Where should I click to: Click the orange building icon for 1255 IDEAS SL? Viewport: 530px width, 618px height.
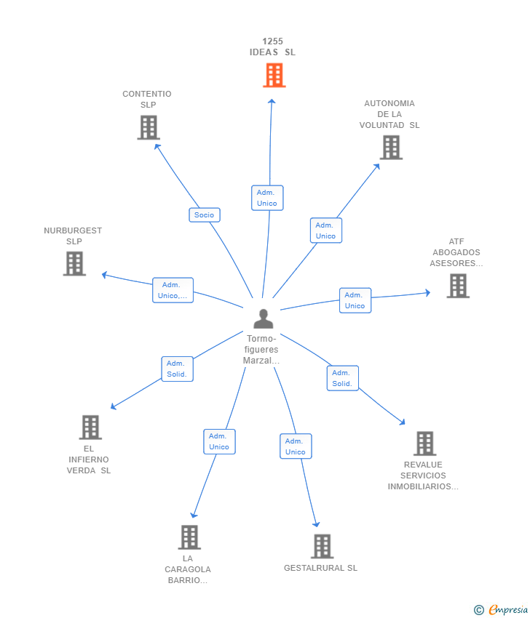coord(274,76)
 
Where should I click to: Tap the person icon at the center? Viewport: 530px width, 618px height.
coord(264,319)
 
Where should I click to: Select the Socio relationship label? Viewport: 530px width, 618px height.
coord(205,214)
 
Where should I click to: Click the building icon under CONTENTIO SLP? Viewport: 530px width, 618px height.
coord(149,127)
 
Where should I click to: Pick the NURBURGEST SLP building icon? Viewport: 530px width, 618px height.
coord(74,263)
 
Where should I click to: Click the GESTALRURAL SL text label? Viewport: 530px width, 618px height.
coord(320,568)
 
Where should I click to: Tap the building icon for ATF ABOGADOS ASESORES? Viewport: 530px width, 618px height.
coord(458,286)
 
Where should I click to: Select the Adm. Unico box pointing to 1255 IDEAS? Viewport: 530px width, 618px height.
coord(267,198)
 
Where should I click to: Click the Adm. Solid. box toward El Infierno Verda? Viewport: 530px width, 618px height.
coord(177,369)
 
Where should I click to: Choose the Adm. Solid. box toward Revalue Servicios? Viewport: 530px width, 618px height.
coord(343,378)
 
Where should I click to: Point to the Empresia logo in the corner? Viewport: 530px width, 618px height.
coord(501,610)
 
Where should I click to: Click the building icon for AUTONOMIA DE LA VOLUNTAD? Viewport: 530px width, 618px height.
coord(391,148)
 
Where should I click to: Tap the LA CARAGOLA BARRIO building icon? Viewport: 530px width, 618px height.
coord(189,537)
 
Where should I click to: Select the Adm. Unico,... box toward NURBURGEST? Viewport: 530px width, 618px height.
coord(173,290)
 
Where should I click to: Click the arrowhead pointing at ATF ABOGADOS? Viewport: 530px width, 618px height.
coord(427,293)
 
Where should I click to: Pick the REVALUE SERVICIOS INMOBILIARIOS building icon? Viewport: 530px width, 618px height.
coord(425,444)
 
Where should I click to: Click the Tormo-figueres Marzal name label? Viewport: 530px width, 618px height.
coord(261,349)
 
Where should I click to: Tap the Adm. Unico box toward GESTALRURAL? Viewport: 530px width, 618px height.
coord(296,446)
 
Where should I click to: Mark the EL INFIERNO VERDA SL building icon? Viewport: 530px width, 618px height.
coord(90,428)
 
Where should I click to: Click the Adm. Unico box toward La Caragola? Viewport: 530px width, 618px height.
coord(219,441)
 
